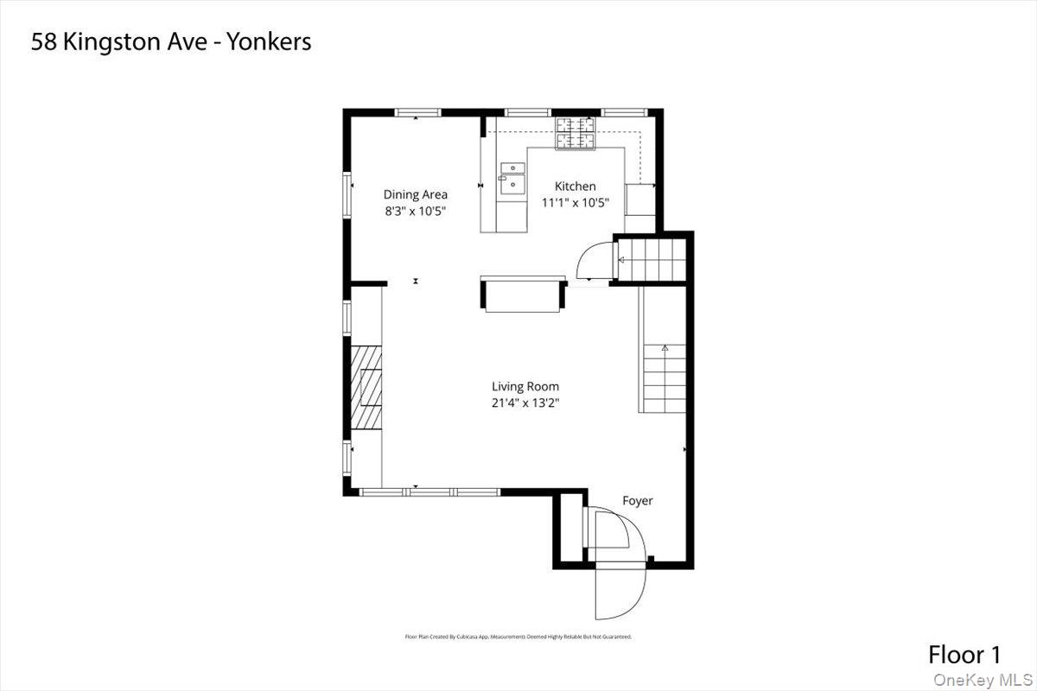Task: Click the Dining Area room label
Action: pos(416,194)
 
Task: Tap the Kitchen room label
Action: pos(575,186)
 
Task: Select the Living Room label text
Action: pos(525,386)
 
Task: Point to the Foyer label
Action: pos(638,501)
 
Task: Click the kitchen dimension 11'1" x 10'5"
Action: pos(575,203)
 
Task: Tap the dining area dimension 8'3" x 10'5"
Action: pos(416,211)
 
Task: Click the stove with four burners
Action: pos(576,132)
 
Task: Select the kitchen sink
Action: pos(512,178)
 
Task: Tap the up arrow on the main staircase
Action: pos(665,348)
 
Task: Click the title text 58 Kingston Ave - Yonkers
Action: pos(171,42)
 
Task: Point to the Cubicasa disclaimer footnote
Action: pos(518,637)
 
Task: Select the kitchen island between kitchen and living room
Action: pos(523,295)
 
